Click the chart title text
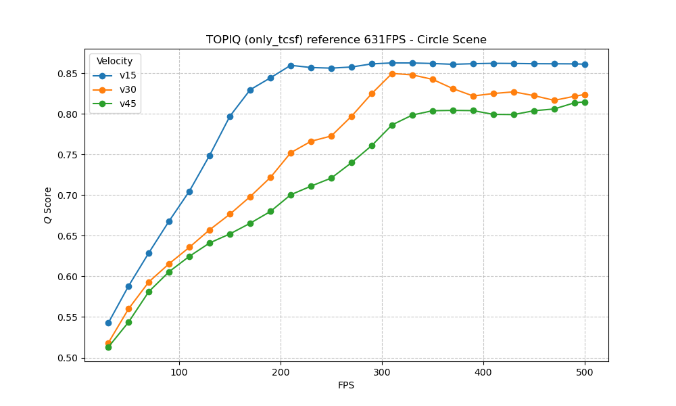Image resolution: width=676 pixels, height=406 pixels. (346, 39)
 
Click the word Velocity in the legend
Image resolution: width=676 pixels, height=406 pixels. (115, 62)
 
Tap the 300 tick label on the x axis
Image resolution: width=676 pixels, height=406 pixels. (382, 372)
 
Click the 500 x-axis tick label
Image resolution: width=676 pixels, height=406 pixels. (585, 372)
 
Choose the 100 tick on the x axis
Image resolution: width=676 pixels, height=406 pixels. (179, 372)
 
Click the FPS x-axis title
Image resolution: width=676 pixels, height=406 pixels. (346, 386)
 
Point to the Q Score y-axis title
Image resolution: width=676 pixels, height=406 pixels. (47, 205)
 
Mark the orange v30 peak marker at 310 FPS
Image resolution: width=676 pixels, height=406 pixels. (392, 74)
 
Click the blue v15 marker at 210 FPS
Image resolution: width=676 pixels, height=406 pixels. (291, 66)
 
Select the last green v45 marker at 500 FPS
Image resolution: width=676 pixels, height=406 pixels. (585, 102)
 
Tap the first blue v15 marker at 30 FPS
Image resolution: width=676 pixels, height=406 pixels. (108, 323)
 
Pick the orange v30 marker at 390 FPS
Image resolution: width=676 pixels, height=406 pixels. (473, 96)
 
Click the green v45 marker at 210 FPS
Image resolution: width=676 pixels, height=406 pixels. (291, 195)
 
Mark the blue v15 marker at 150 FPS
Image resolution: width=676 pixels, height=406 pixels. (230, 116)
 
